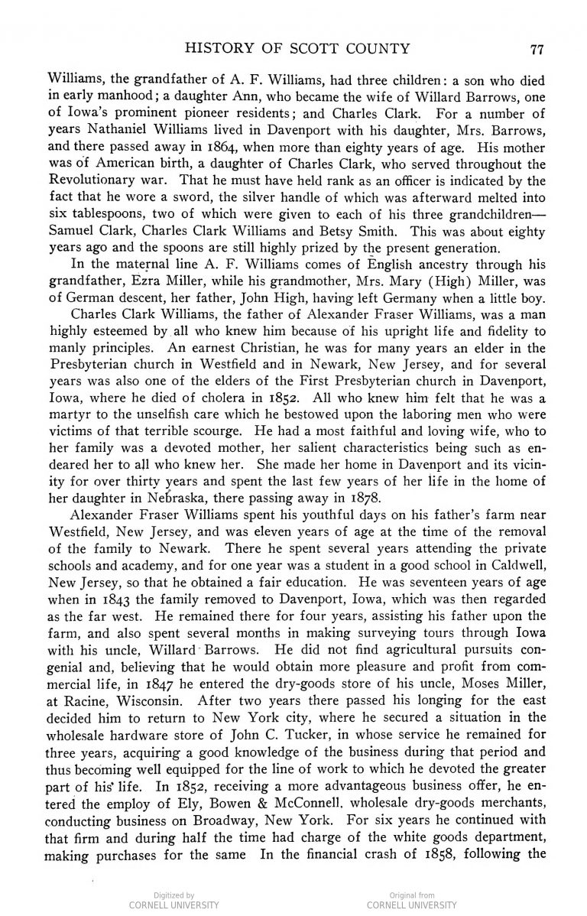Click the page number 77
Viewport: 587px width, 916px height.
click(536, 51)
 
